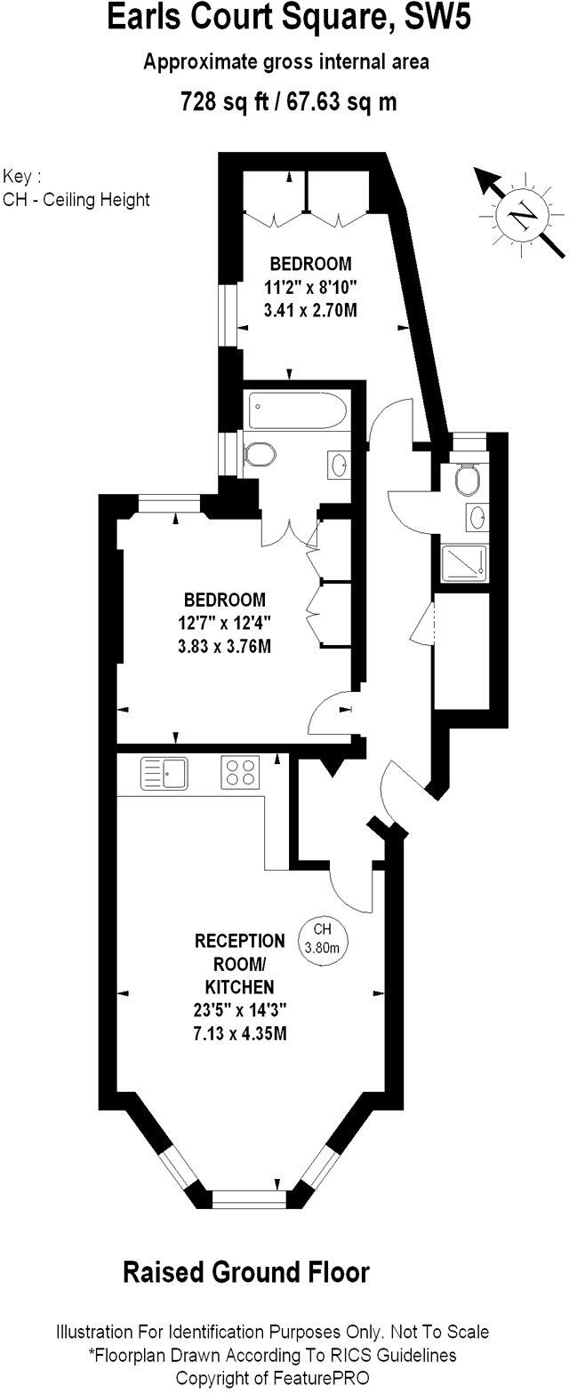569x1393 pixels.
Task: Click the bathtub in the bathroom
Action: click(x=295, y=411)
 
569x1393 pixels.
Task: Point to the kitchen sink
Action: click(x=164, y=772)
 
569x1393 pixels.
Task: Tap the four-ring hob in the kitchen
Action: click(x=239, y=771)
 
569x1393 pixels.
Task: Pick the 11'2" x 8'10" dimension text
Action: click(x=310, y=287)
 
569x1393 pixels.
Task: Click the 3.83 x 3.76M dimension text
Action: click(x=223, y=646)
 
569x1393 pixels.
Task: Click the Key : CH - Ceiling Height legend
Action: click(x=76, y=187)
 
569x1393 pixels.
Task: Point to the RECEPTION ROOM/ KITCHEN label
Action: click(x=240, y=963)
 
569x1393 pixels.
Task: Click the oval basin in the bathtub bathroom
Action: click(x=339, y=465)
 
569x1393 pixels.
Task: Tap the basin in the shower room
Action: click(x=477, y=516)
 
